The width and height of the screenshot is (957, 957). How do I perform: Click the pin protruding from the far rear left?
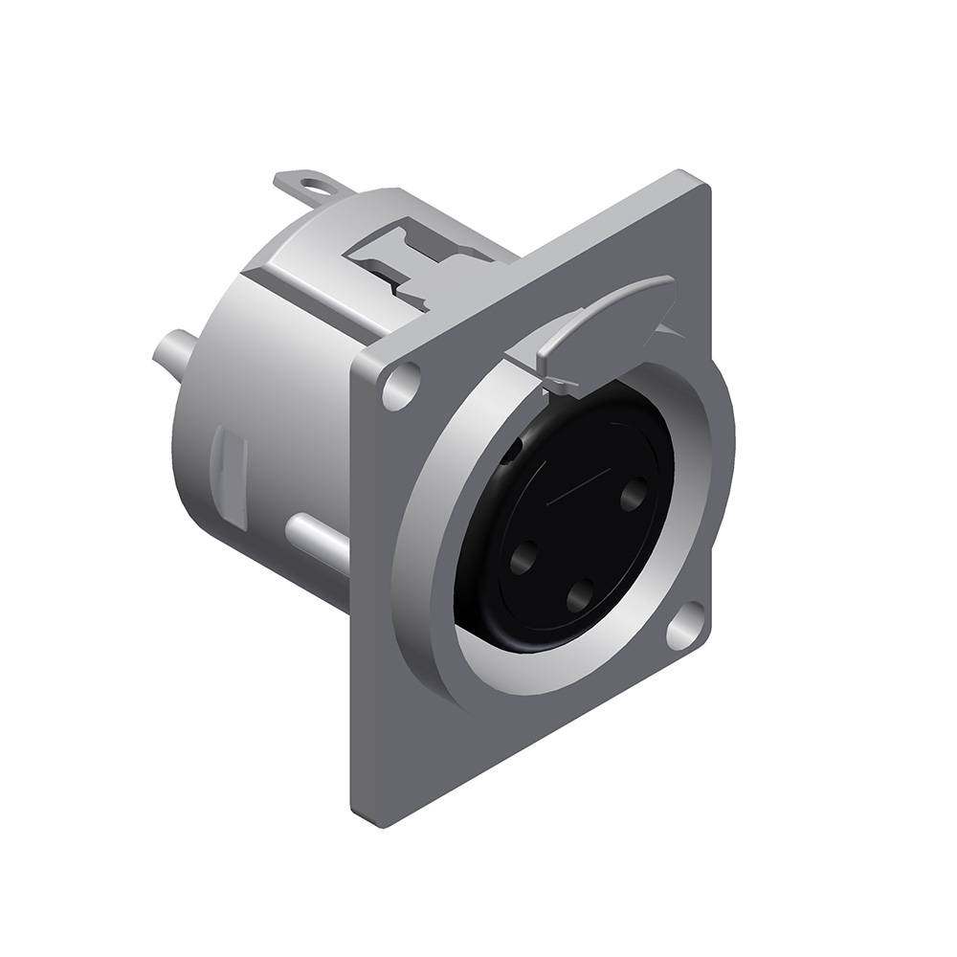pos(169,346)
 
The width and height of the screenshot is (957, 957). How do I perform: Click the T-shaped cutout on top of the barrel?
pos(421,258)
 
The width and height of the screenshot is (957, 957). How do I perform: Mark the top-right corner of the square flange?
pos(703,177)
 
